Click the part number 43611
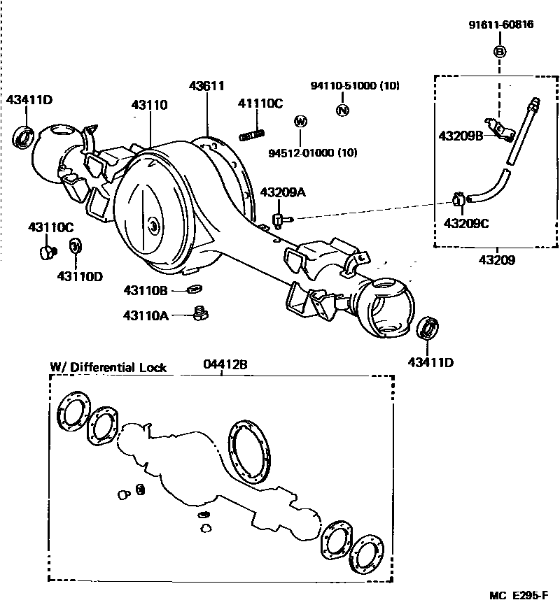pyautogui.click(x=206, y=87)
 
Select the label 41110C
pyautogui.click(x=260, y=104)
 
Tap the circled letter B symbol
pyautogui.click(x=500, y=52)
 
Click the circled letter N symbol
pyautogui.click(x=342, y=110)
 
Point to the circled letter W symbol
pyautogui.click(x=300, y=122)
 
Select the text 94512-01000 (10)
pyautogui.click(x=313, y=153)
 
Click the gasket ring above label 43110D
pyautogui.click(x=75, y=247)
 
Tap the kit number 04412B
pyautogui.click(x=225, y=366)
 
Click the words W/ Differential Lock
pyautogui.click(x=109, y=367)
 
